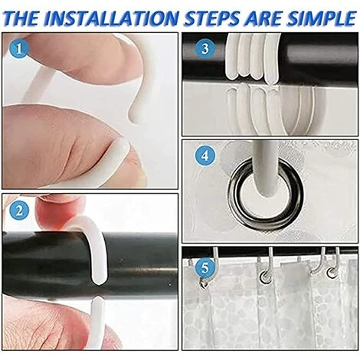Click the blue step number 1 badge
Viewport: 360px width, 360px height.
coord(19,48)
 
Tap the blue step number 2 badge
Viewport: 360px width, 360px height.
coord(19,211)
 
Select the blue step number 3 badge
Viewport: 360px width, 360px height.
coord(205,48)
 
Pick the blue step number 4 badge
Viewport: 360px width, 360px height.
coord(205,155)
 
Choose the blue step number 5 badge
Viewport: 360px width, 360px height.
coord(205,268)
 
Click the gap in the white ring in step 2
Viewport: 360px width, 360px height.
coord(98,291)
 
